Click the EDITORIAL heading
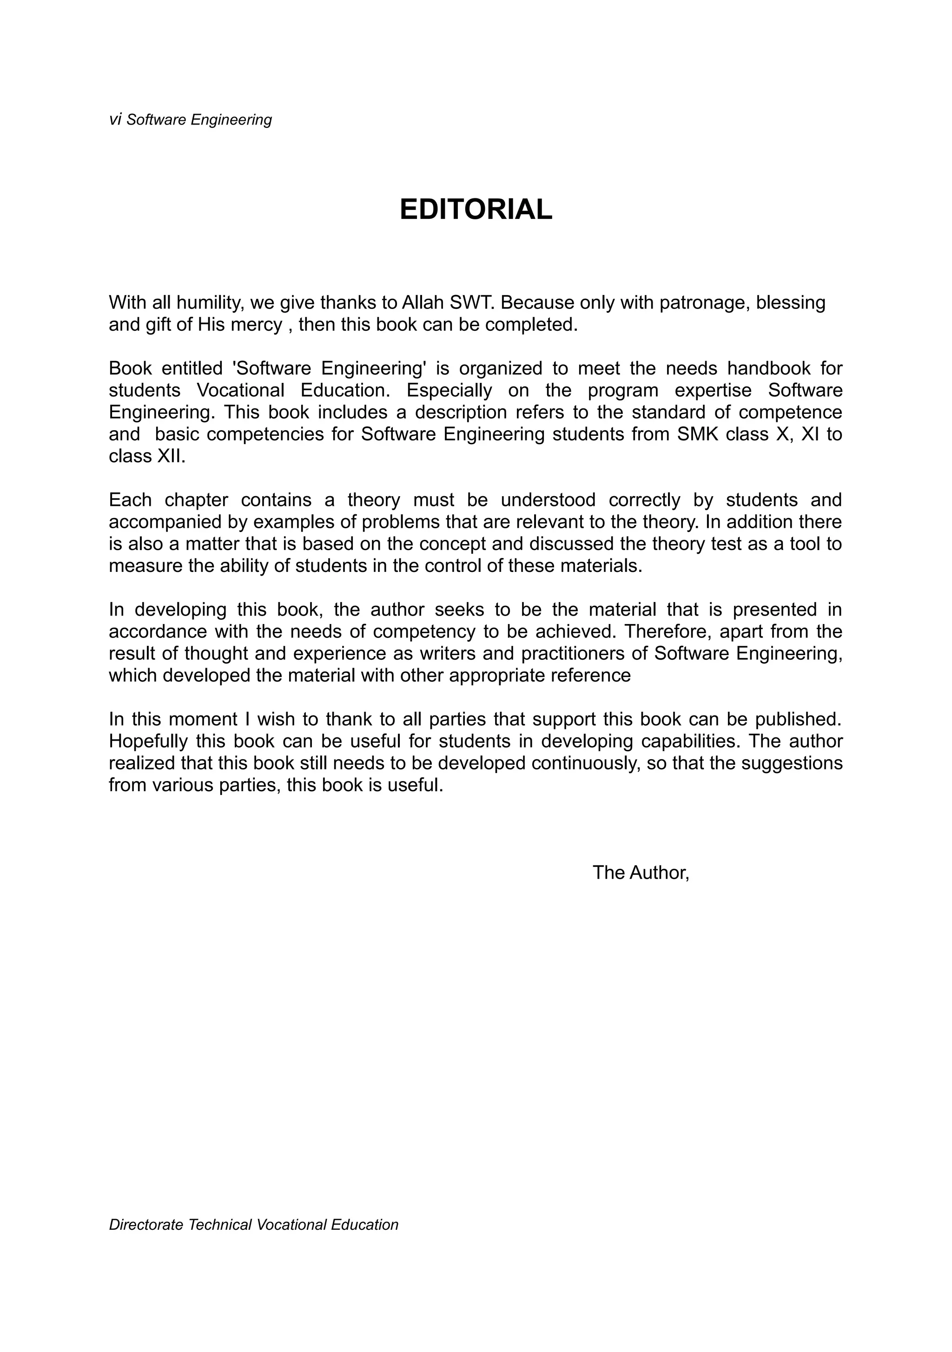tap(476, 210)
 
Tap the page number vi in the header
tap(115, 119)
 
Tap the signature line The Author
tap(641, 872)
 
